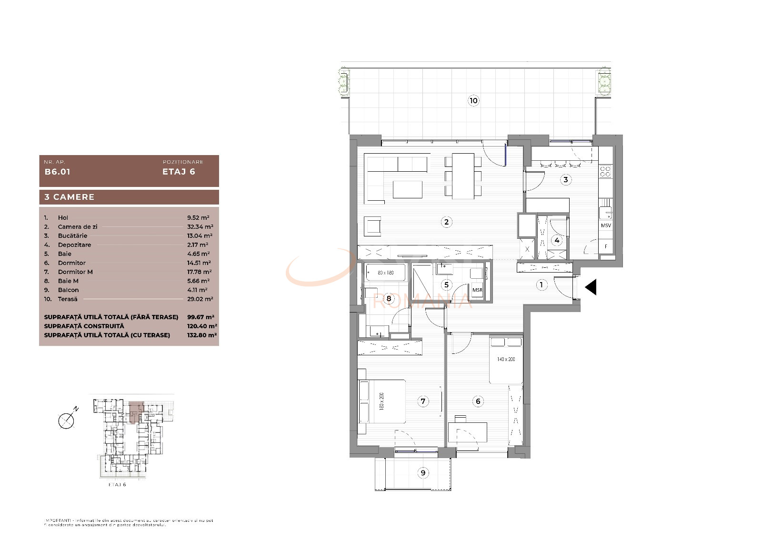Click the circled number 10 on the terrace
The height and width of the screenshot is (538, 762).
click(473, 100)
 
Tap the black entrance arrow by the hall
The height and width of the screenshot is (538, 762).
click(591, 287)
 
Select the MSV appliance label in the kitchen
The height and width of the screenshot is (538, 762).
click(606, 225)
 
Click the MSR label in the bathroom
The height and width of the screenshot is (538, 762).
click(477, 290)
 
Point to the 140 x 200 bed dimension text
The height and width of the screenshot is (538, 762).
click(506, 359)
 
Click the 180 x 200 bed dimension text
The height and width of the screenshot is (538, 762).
click(381, 401)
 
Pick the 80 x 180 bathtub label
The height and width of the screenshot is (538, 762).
click(386, 273)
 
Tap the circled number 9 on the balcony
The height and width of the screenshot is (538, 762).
click(423, 472)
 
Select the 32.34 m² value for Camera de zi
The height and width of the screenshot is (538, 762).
click(200, 227)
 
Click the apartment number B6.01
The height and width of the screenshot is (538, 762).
click(57, 172)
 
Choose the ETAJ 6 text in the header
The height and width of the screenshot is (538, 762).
click(179, 172)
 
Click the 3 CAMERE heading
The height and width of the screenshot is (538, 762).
click(70, 197)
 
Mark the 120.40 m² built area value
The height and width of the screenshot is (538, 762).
click(202, 326)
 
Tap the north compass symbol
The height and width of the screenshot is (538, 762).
click(67, 420)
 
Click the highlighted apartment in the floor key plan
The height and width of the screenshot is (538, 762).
click(136, 410)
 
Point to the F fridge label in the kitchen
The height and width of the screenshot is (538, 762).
click(606, 246)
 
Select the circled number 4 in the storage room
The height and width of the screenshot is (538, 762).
click(557, 240)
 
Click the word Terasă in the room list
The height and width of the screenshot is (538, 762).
click(68, 299)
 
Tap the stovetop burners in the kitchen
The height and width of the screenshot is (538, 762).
click(605, 171)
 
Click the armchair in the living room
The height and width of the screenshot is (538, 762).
click(372, 226)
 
